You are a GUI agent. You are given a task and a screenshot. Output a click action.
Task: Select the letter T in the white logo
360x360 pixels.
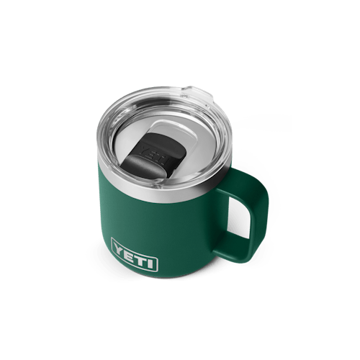click(x=140, y=258)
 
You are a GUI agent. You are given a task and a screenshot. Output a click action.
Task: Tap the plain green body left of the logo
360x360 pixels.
click(x=101, y=230)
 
